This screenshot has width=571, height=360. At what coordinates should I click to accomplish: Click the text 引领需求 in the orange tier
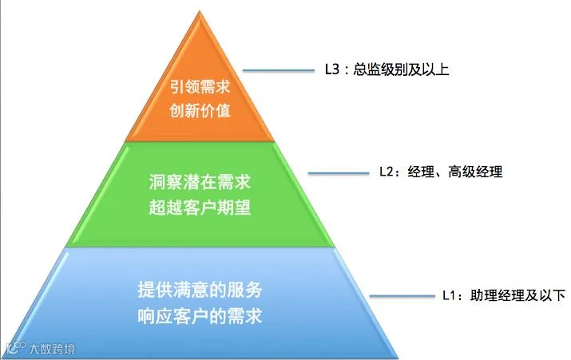click(x=199, y=89)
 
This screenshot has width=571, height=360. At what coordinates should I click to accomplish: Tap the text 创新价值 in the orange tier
click(x=199, y=111)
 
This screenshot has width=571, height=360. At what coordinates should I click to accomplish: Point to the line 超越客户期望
click(x=200, y=207)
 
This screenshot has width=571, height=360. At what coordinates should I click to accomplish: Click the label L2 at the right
click(x=386, y=172)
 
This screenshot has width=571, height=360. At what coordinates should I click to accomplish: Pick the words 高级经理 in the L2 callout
click(x=477, y=172)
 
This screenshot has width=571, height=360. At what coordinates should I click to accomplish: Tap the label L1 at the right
click(x=451, y=295)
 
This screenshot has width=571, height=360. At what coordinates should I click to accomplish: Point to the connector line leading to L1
click(x=404, y=296)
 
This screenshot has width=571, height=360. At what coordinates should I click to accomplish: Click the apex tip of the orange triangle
click(x=200, y=10)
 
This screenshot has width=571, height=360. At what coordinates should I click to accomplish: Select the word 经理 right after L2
click(x=420, y=172)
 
